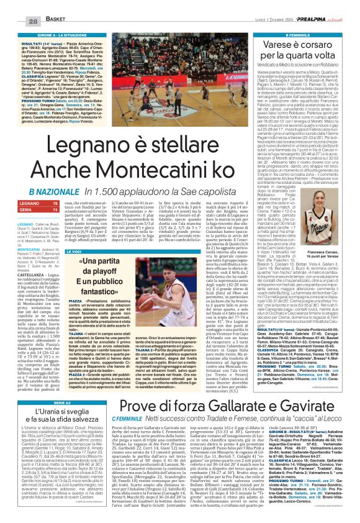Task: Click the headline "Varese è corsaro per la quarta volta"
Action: [300, 51]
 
